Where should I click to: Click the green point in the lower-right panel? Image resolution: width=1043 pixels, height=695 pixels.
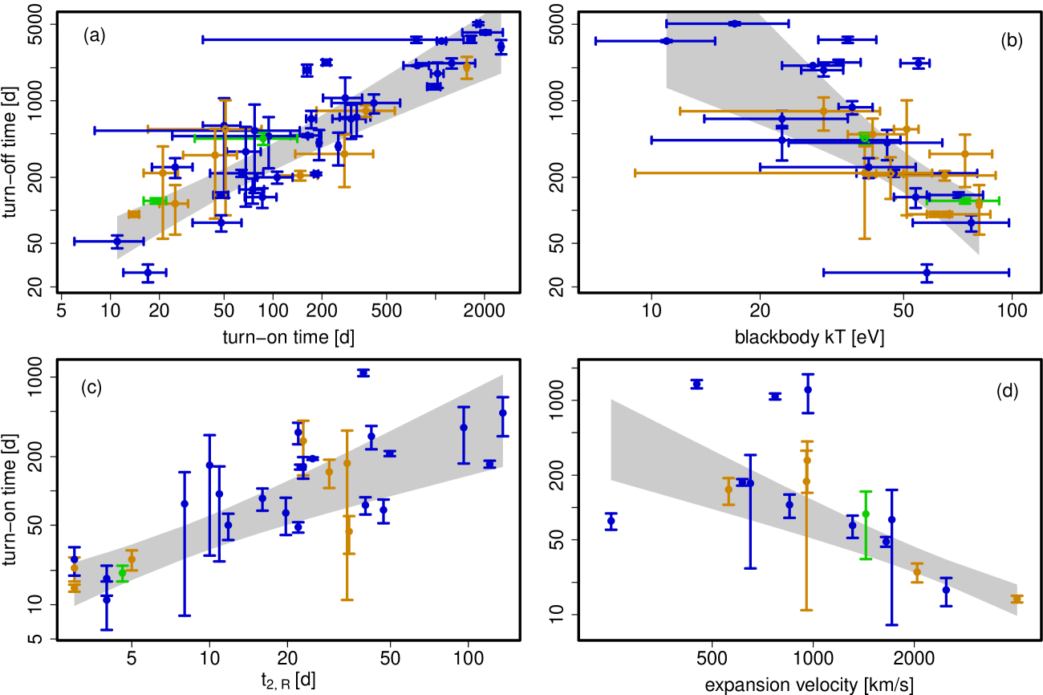[866, 514]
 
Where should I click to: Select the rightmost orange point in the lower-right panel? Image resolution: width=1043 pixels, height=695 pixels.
[1017, 599]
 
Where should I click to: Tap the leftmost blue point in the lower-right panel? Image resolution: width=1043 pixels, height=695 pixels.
[611, 521]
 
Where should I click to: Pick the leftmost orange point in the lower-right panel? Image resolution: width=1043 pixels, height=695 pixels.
[728, 490]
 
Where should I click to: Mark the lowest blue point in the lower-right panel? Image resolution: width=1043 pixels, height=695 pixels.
[946, 590]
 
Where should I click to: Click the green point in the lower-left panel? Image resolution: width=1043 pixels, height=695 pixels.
[122, 573]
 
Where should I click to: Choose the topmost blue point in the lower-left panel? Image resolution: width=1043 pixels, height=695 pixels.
[363, 372]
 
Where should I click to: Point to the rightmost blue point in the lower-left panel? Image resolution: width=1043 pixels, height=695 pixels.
[503, 413]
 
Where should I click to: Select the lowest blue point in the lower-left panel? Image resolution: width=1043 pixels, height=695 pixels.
[107, 598]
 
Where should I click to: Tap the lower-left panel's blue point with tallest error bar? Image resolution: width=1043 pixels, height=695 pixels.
[185, 504]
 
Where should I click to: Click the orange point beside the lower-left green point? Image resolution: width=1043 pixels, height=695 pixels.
[132, 559]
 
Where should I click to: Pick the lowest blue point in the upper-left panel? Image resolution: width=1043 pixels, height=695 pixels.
[148, 272]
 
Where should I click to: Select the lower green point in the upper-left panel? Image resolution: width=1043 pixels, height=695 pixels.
[154, 201]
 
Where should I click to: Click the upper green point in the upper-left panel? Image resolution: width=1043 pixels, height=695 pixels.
[262, 138]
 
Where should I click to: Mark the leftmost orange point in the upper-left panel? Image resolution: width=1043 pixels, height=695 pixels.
[133, 214]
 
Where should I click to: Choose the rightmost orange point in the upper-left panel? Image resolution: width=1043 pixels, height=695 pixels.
[466, 67]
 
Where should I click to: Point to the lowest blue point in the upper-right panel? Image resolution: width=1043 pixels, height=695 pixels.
[927, 272]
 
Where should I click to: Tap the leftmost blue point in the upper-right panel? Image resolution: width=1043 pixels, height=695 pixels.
[665, 41]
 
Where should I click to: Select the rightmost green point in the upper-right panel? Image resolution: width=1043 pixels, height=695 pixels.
[964, 201]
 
